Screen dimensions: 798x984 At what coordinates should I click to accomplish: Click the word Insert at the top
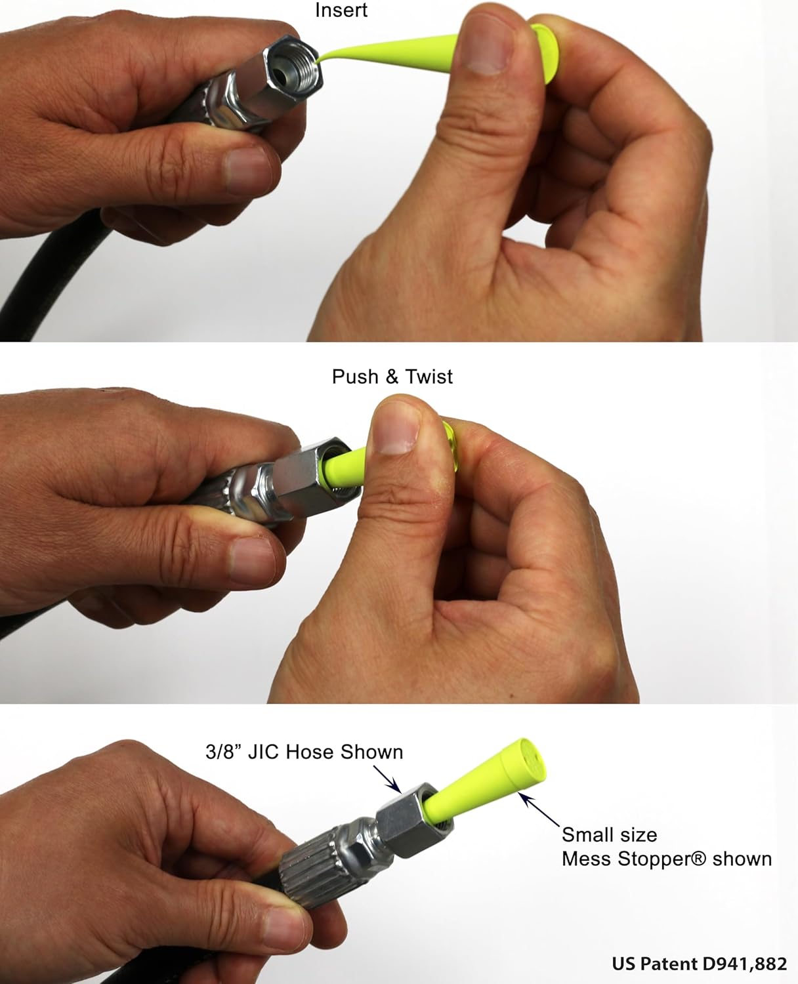pos(341,10)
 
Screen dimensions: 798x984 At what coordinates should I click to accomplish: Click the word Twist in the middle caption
pos(429,377)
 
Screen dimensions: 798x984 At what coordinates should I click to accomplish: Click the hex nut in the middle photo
pos(314,480)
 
